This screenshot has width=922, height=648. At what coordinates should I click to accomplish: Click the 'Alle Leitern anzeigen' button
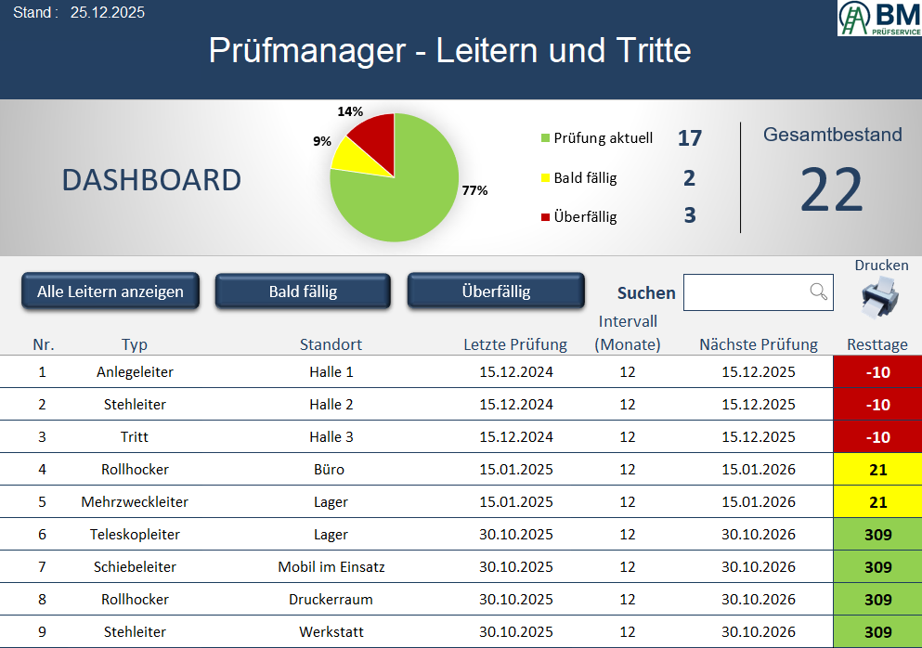coord(110,292)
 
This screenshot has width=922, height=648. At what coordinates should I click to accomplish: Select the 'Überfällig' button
coord(496,292)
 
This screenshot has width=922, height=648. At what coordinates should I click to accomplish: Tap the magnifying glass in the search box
coord(818,292)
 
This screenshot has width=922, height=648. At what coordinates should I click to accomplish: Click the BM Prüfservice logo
coord(878,19)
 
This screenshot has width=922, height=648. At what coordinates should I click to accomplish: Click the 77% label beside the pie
coord(474,190)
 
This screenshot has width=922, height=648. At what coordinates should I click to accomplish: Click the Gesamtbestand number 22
coord(831,190)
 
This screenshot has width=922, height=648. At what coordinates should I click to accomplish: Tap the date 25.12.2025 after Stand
coord(108,13)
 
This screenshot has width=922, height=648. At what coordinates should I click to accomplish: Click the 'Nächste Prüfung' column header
coord(758,344)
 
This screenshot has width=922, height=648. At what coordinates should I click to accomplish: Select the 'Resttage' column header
coord(877,344)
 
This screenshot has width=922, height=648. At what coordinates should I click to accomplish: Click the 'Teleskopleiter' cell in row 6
coord(135,535)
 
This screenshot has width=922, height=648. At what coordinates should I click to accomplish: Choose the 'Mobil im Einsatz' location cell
coord(331,567)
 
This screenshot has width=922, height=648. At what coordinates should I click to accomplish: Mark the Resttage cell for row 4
coord(877,470)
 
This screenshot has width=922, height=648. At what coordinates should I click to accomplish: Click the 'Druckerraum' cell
coord(331,600)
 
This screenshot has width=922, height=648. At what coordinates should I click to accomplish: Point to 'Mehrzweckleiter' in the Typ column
coord(135,502)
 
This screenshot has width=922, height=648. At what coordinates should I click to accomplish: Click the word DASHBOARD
coord(151,180)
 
